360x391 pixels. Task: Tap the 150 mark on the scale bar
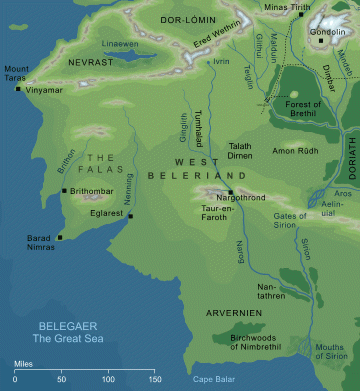pos(155,379)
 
